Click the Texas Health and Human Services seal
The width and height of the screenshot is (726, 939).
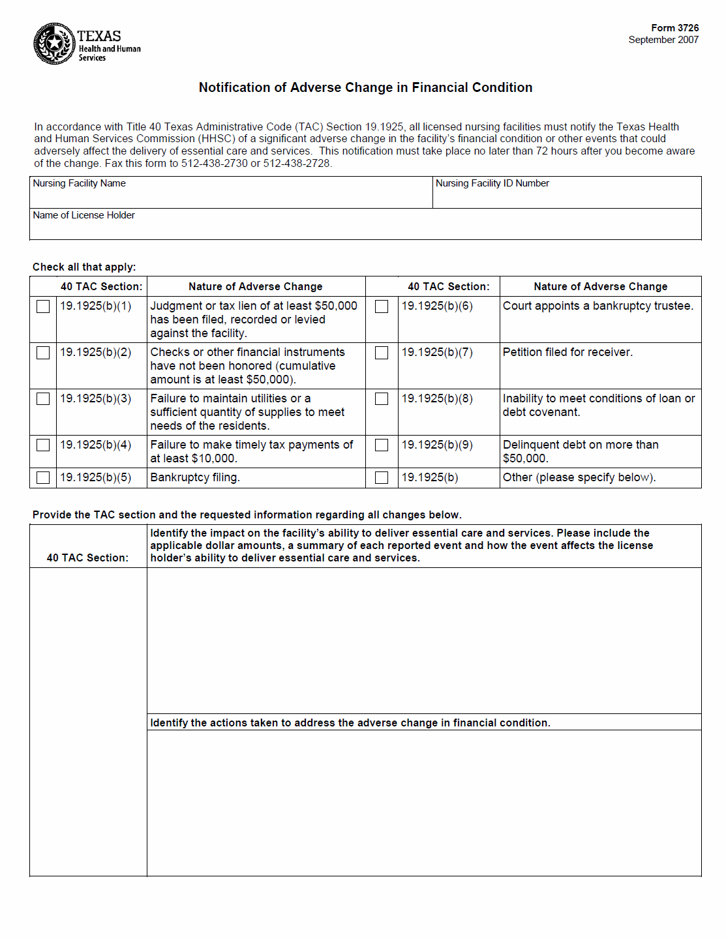55,44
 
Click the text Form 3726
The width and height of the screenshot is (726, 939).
674,28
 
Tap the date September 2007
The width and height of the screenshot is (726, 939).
663,40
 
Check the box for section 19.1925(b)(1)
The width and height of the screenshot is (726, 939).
43,306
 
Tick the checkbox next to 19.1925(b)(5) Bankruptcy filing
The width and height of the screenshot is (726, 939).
43,478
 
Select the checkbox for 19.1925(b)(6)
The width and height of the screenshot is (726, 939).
382,306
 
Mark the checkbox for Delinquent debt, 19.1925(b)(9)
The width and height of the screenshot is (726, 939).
382,445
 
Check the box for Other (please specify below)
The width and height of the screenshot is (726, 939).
382,478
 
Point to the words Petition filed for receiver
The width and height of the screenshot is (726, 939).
567,352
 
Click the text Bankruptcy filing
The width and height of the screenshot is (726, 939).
195,477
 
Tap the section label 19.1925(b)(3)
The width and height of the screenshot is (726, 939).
96,398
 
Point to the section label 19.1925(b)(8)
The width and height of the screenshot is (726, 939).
437,398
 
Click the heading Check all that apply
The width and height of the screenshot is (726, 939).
84,267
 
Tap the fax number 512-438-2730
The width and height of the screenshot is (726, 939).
214,163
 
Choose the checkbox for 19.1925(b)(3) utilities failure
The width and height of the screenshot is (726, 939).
43,399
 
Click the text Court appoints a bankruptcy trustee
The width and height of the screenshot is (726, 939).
597,306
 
